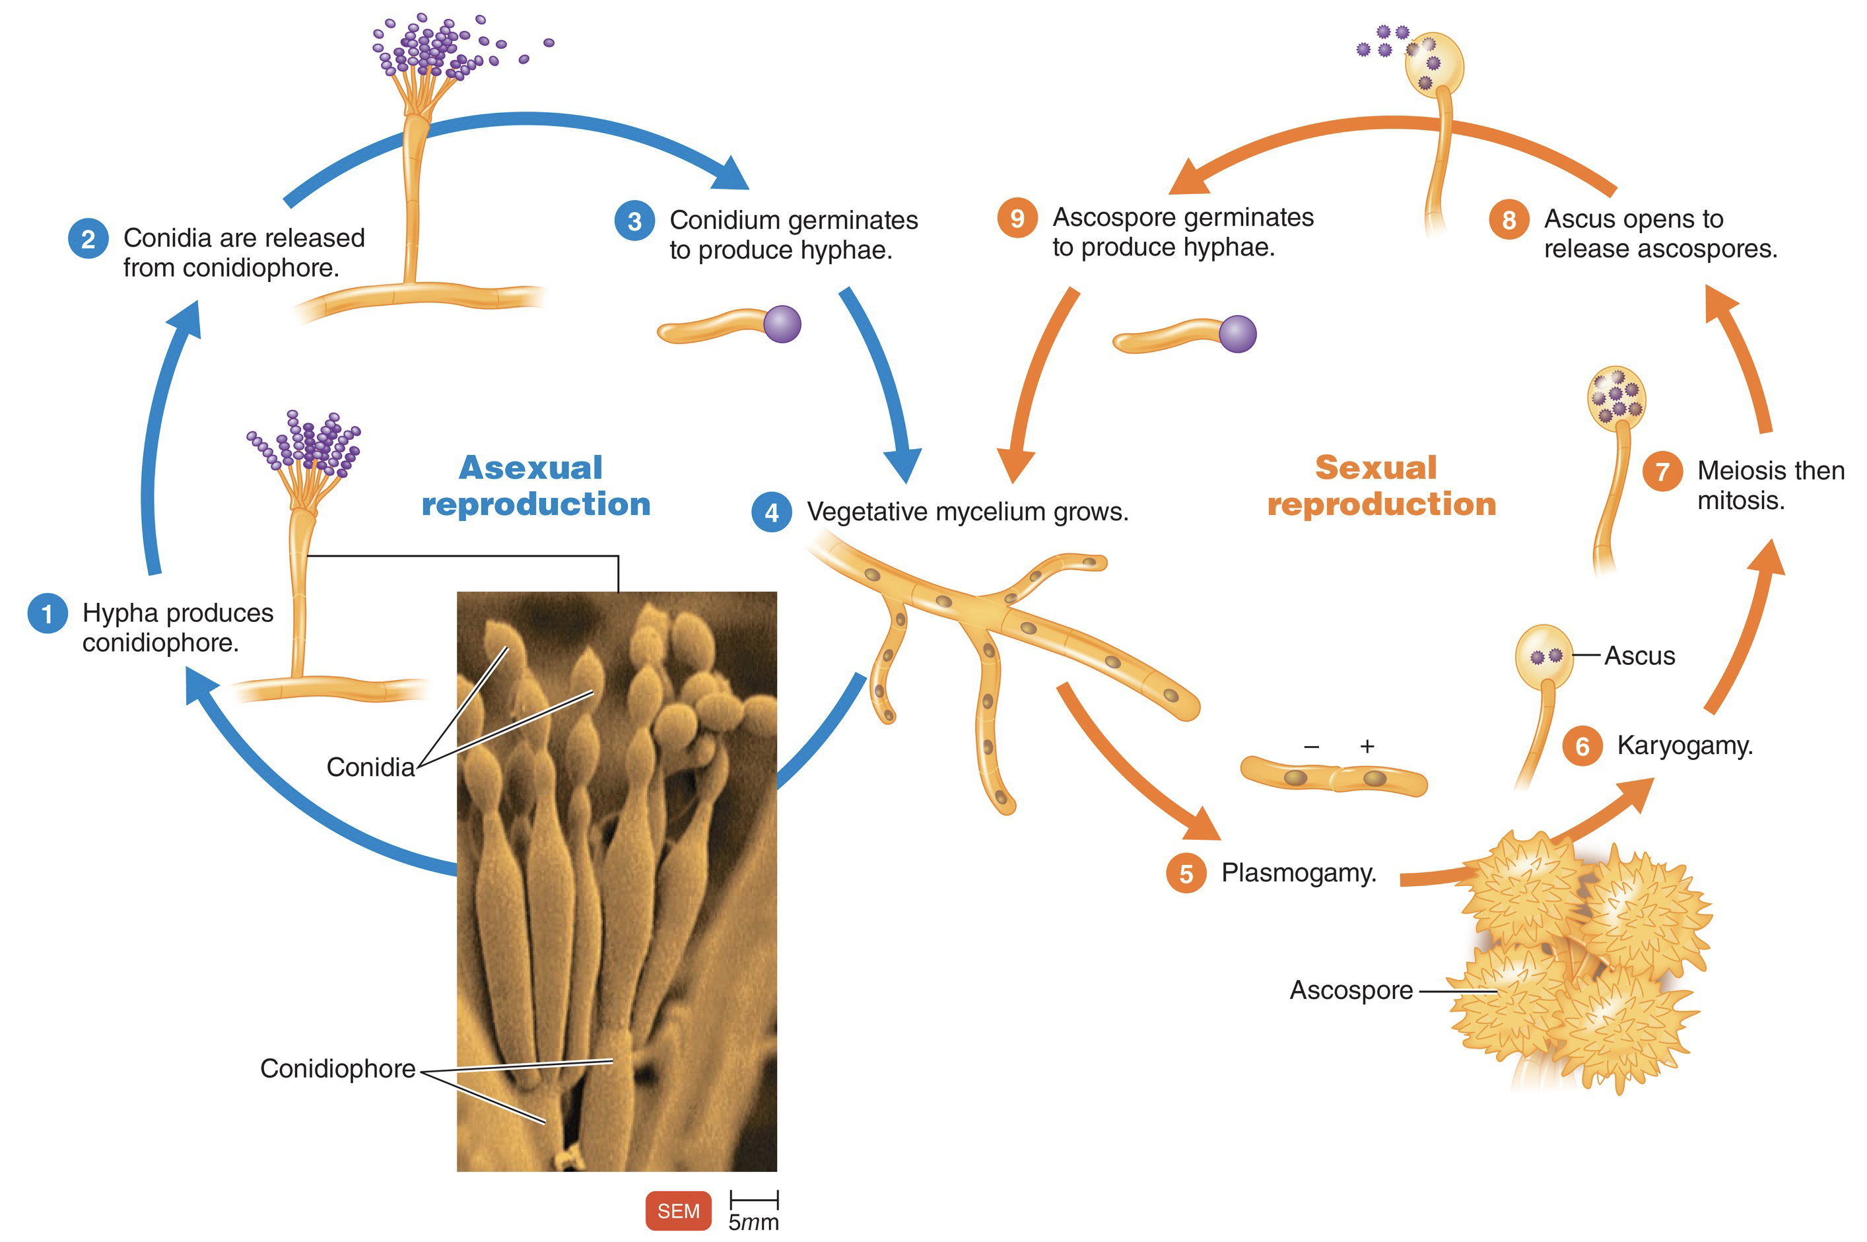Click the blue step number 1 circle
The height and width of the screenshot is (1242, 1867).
[47, 614]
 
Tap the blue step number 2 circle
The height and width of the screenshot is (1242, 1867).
[88, 238]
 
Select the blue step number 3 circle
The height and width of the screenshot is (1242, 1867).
[634, 221]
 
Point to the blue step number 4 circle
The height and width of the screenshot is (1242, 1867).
[771, 512]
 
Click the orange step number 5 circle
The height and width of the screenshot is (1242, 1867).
[1185, 874]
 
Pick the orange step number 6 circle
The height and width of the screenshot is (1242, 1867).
[1582, 746]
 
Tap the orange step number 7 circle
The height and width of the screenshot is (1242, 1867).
[1662, 471]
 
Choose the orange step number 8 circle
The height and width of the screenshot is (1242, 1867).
[1509, 219]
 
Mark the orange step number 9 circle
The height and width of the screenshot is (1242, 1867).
[1017, 218]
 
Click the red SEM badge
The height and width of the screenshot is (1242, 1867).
[678, 1210]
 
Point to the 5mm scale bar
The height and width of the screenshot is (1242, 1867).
[754, 1200]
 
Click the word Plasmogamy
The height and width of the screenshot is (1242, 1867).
[1299, 873]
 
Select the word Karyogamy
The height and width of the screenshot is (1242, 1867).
[1684, 745]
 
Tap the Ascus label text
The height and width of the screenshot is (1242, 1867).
[1639, 656]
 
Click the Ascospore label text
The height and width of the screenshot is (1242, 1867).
[1351, 990]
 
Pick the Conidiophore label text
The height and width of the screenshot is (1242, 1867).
[337, 1068]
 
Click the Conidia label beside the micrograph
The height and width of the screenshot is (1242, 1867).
[370, 767]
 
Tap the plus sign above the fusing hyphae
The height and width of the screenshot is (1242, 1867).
[1367, 746]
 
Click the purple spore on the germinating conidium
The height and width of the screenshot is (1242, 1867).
[782, 324]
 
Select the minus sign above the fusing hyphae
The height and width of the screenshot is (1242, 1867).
[1311, 746]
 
